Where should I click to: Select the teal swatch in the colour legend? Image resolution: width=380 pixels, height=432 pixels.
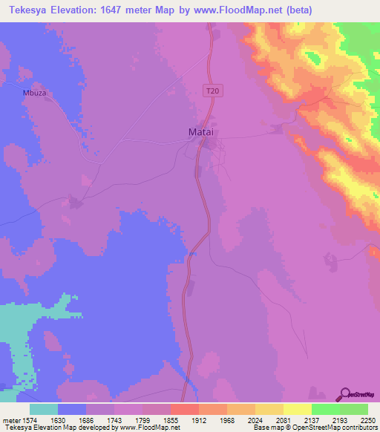pos(44,409)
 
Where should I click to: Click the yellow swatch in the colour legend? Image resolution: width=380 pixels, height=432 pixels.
pos(297,409)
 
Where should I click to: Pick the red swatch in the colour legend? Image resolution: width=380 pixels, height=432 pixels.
pos(184,409)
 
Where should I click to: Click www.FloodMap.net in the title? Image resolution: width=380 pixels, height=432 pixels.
pos(238,10)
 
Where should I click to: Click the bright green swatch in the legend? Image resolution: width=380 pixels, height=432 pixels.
pos(325,409)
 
